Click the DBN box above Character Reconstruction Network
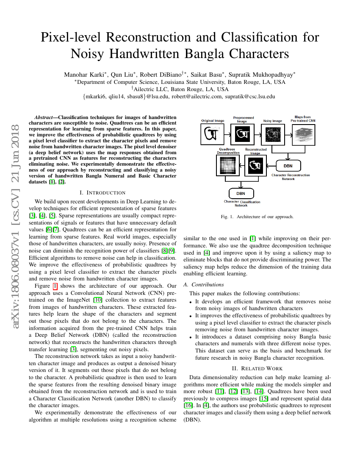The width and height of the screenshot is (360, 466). pos(287,166)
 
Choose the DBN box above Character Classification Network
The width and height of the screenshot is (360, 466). pos(241,194)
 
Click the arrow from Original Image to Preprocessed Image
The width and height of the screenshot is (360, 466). pos(227,135)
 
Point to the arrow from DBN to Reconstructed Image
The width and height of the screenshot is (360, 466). pos(271,166)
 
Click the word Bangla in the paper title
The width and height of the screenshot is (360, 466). pos(220,54)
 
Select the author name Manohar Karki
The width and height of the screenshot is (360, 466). pos(83,75)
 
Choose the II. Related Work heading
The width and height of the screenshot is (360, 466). pos(258,369)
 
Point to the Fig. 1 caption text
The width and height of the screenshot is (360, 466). pos(257,216)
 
